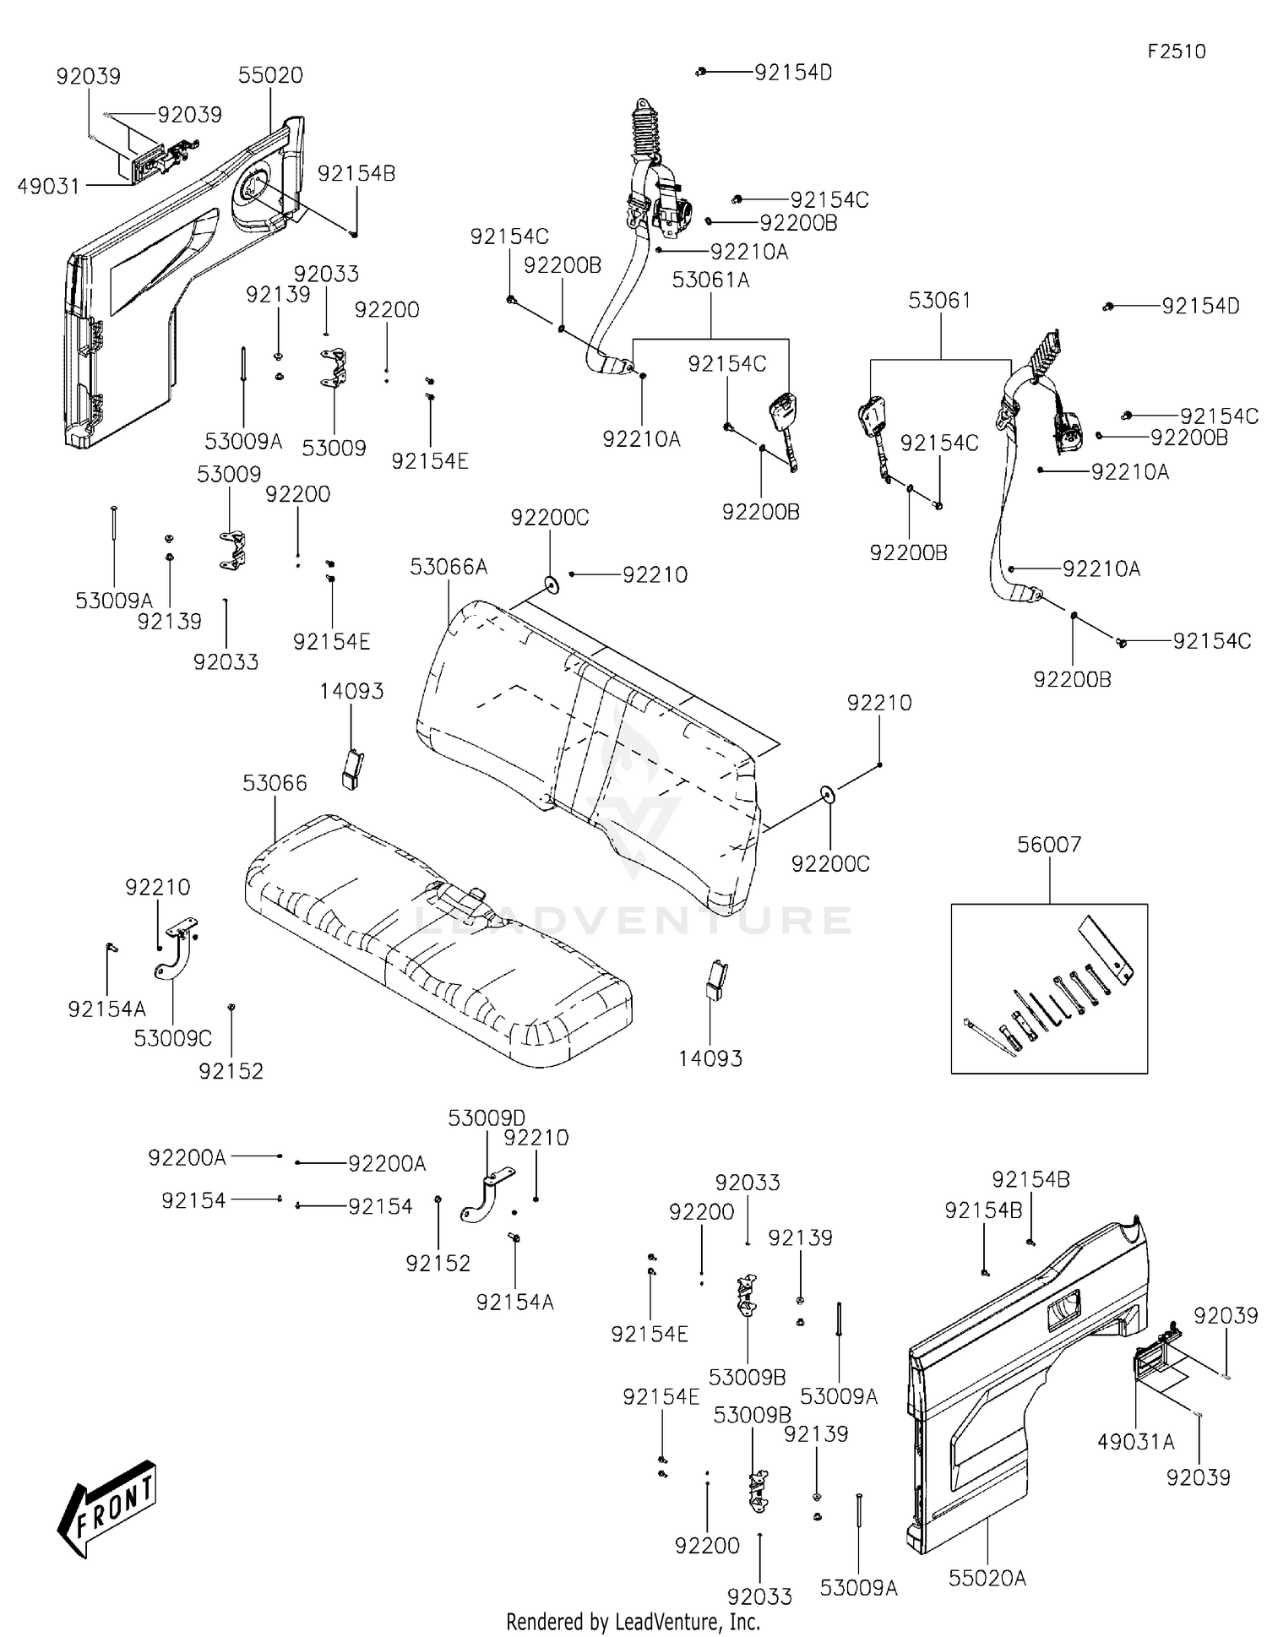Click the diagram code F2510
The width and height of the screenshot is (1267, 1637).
click(x=1176, y=52)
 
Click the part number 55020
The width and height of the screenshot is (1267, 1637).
click(x=270, y=75)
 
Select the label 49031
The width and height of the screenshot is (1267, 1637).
click(x=49, y=186)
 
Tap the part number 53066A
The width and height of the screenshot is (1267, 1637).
click(x=449, y=567)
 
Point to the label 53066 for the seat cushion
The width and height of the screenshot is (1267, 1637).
click(x=275, y=783)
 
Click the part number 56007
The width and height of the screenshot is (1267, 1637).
click(x=1049, y=844)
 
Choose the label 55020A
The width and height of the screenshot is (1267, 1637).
click(x=987, y=1578)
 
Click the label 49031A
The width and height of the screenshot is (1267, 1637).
click(x=1135, y=1442)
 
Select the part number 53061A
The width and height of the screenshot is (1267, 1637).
click(x=710, y=280)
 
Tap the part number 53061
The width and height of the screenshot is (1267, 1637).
click(x=939, y=301)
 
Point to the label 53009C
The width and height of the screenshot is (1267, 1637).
click(x=172, y=1037)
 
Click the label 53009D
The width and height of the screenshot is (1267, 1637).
click(x=486, y=1118)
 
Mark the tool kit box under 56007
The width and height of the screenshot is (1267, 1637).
click(x=1049, y=988)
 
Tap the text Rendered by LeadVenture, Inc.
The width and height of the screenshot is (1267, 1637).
click(x=633, y=1621)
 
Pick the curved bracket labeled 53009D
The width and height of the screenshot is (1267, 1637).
click(x=486, y=1193)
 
